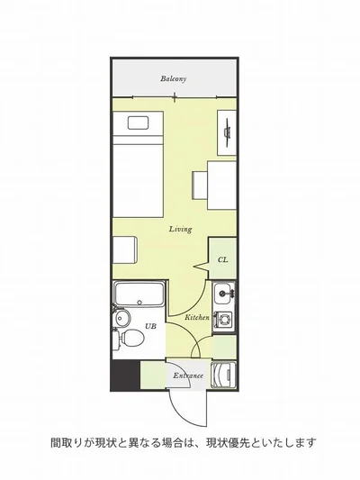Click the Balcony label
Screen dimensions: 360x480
pos(174,78)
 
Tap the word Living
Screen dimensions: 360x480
pos(181,229)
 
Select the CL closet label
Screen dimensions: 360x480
pos(223,260)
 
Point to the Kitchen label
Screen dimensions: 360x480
pos(197,318)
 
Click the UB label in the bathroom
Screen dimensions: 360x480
pos(150,326)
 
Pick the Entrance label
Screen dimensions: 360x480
pos(188,376)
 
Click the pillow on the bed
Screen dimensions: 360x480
pos(139,122)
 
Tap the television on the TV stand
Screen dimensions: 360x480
pos(227,132)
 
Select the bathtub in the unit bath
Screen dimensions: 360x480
pos(139,294)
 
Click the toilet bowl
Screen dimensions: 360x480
pos(132,338)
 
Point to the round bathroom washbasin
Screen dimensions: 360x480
pos(121,319)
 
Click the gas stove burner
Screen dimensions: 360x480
pos(225,321)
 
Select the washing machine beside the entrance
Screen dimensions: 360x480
pos(224,375)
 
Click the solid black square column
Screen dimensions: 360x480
pos(125,375)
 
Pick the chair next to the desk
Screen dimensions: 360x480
pos(200,186)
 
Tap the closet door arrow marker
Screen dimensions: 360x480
pos(201,267)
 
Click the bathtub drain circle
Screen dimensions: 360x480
pos(139,303)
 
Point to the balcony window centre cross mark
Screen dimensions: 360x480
pos(175,97)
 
